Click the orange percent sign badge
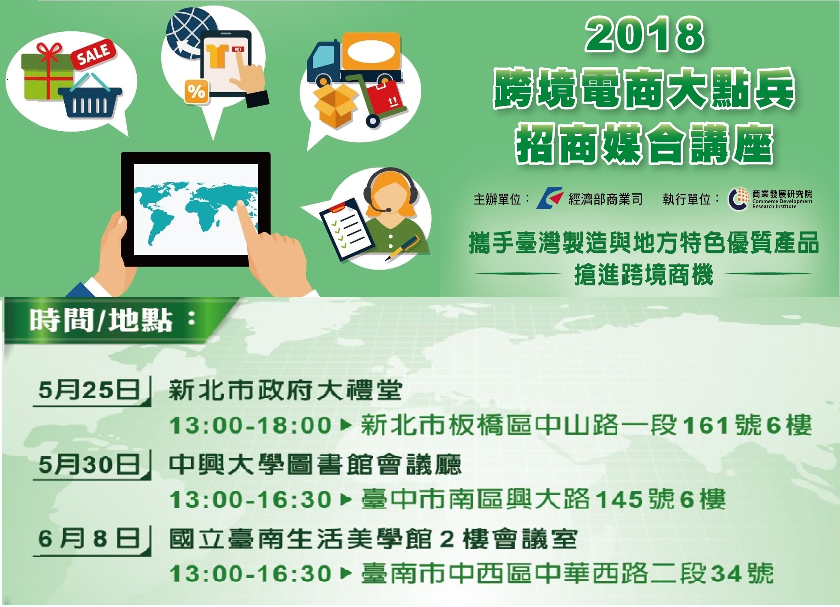196,91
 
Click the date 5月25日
89,391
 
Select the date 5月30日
89,464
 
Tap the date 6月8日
89,538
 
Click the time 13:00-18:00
251,426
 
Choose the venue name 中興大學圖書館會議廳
315,464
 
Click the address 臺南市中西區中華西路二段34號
567,574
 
